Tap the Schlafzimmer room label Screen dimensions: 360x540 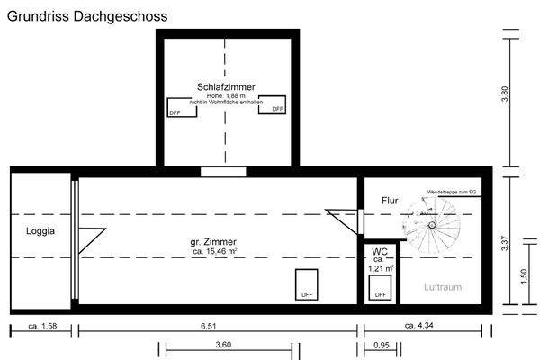click(226, 86)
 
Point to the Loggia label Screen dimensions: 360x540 click(40, 231)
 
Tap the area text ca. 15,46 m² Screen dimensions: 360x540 click(214, 253)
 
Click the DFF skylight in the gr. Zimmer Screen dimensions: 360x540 click(306, 283)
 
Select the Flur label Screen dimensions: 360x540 click(390, 201)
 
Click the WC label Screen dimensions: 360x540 click(380, 251)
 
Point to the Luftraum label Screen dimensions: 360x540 click(443, 287)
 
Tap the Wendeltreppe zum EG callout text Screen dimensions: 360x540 click(452, 193)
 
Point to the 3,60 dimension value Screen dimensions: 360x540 click(223, 345)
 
